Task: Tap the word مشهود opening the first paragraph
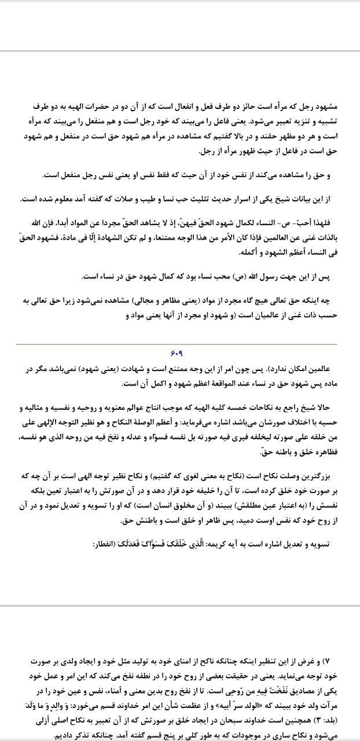(330, 107)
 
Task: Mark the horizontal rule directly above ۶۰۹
(180, 344)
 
